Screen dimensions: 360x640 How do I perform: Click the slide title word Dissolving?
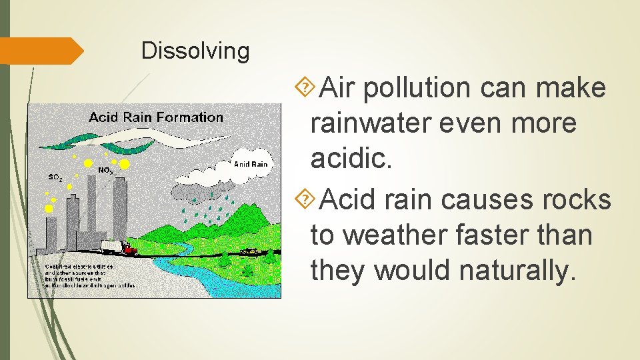pos(195,51)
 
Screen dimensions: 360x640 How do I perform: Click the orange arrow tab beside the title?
pos(40,51)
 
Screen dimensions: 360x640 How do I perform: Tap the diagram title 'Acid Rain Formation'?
pos(156,117)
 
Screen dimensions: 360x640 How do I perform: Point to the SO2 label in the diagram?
pos(55,177)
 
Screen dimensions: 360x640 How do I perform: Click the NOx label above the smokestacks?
pos(105,171)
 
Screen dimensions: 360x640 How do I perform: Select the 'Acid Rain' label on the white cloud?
pos(250,164)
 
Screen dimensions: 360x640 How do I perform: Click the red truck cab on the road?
pos(129,250)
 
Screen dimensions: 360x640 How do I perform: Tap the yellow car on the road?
pos(251,251)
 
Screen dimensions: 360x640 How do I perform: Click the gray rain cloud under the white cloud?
pos(207,191)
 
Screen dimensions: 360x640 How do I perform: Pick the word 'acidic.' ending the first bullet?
pos(351,158)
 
